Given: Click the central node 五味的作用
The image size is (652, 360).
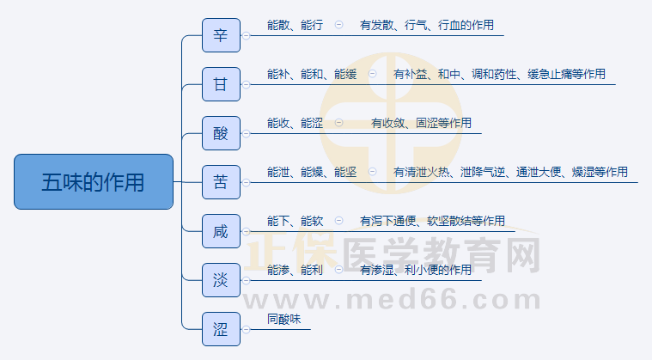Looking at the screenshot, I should point(94,182).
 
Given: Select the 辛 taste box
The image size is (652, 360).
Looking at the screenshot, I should point(221,35).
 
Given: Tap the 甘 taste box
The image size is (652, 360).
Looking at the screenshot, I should point(221,84).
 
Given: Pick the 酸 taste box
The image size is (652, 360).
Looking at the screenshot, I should point(221,133).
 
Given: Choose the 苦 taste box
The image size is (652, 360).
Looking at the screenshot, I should point(221,182).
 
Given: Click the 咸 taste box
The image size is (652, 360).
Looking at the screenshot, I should point(221,231).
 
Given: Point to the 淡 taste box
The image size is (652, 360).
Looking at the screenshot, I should point(221,280).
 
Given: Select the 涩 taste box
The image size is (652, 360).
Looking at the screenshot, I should point(221,329).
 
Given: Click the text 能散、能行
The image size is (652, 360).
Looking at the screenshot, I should point(295,26).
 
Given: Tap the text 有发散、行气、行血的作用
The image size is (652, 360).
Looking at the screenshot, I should point(427,26).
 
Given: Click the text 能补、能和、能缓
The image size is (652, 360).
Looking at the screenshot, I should point(312,75).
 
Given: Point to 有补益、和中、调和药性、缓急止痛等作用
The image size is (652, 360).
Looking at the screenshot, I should point(499,75).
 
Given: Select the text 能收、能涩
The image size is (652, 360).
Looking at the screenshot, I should point(295,124).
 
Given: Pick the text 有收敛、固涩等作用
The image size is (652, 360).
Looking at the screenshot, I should point(421,124).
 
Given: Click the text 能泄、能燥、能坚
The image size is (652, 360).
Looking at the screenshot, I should point(312,173).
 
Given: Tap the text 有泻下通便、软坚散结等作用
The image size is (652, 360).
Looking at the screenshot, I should point(432,222).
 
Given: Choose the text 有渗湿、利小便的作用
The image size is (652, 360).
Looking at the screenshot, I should point(416,271).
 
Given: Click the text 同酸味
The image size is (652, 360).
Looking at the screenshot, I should point(284,320).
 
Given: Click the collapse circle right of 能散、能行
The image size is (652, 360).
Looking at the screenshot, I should point(338,26).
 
